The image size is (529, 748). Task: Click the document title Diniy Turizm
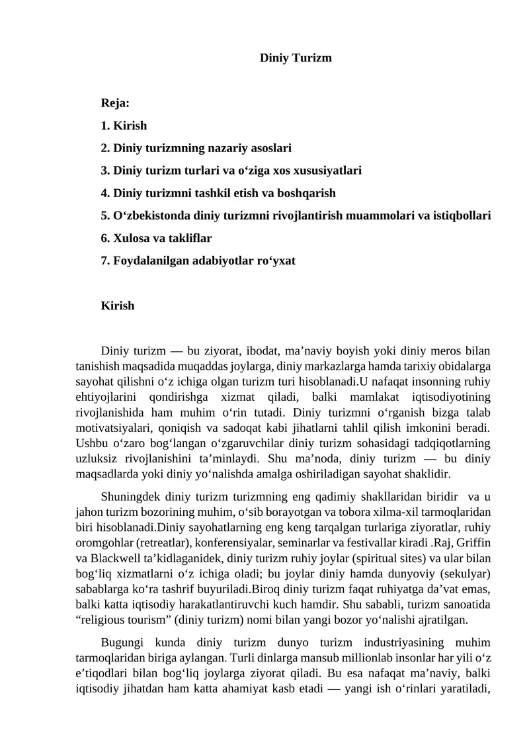[295, 58]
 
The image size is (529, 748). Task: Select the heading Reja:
[114, 103]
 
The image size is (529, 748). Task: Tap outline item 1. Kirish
[124, 126]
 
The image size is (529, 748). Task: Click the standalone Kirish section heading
[118, 306]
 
